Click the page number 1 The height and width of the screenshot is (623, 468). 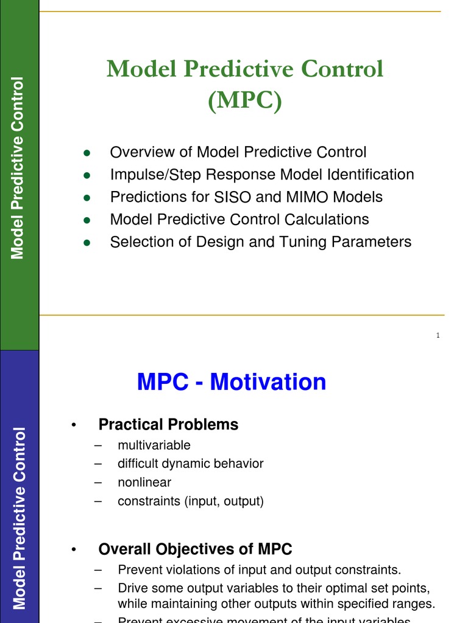click(438, 336)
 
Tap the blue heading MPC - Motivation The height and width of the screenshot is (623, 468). click(232, 382)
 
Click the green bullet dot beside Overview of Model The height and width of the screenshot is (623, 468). click(87, 153)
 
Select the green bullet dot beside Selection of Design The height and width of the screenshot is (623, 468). click(87, 242)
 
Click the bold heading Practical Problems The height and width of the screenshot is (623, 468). click(168, 424)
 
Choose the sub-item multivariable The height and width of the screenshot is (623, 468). click(154, 445)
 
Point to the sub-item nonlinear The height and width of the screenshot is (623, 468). click(144, 482)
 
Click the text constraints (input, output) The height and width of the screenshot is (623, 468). click(191, 501)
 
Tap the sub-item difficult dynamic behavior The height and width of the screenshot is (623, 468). click(191, 464)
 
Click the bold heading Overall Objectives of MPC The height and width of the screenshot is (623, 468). click(195, 549)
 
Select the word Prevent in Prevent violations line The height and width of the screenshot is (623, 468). click(138, 570)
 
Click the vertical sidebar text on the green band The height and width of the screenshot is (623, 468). click(19, 167)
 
